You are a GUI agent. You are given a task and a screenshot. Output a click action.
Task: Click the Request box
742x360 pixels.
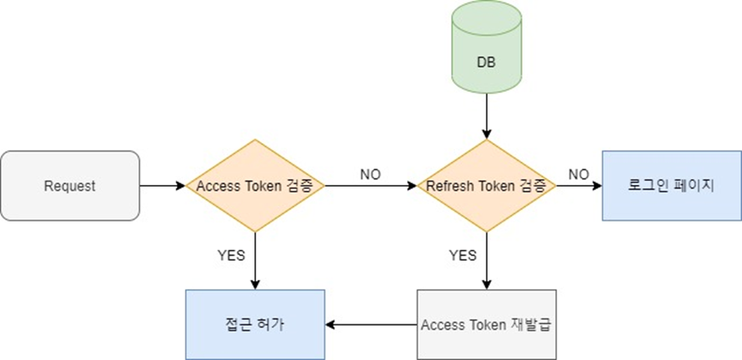click(70, 186)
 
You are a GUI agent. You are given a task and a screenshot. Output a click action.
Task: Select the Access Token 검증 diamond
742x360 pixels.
click(254, 186)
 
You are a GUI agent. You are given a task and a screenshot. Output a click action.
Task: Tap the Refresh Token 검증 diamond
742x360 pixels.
click(486, 186)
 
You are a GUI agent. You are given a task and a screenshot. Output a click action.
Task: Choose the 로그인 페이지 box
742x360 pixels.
click(671, 186)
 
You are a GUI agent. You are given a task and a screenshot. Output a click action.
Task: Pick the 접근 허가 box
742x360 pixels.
click(254, 324)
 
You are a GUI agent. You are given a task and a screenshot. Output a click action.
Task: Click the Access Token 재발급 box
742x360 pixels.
click(486, 324)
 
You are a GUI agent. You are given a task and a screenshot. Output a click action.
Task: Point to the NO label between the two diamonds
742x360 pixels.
click(370, 174)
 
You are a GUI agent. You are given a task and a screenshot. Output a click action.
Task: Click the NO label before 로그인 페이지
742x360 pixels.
click(578, 174)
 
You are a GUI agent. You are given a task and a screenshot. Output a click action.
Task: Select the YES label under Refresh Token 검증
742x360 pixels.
click(463, 254)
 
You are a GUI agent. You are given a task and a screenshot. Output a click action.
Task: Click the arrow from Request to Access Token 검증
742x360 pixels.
click(163, 186)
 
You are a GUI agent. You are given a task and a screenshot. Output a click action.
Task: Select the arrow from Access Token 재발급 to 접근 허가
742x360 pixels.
click(370, 324)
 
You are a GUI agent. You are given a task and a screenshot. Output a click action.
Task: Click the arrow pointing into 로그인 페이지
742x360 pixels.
click(579, 186)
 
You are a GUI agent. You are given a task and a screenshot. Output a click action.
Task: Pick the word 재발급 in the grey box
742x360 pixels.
click(529, 324)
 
